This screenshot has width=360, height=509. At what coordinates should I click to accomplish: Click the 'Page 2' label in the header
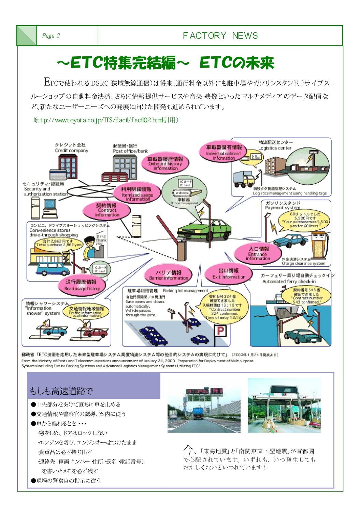point(51,36)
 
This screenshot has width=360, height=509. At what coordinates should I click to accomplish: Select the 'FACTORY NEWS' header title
point(220,36)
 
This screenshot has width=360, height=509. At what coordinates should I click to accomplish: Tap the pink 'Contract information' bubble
point(107,210)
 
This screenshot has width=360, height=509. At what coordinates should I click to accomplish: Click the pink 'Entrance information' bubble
point(258,254)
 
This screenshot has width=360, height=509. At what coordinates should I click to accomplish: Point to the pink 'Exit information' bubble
point(229,273)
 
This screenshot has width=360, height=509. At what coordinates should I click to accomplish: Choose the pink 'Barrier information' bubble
point(169,275)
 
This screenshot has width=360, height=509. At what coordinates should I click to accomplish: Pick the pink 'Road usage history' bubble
point(82,285)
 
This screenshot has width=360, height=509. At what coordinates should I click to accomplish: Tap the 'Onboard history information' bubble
point(165,164)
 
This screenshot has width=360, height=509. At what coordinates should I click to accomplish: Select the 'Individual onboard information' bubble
point(224,152)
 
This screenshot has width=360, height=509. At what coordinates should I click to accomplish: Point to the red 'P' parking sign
point(220,330)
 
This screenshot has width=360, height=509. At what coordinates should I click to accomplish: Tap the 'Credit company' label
point(71,150)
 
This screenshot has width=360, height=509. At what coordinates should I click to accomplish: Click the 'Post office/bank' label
point(130,151)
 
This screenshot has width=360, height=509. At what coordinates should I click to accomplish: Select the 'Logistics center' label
point(275,148)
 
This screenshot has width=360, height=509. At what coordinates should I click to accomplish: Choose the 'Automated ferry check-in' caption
point(289,281)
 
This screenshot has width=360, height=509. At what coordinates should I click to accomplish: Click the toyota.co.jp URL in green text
point(106,120)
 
